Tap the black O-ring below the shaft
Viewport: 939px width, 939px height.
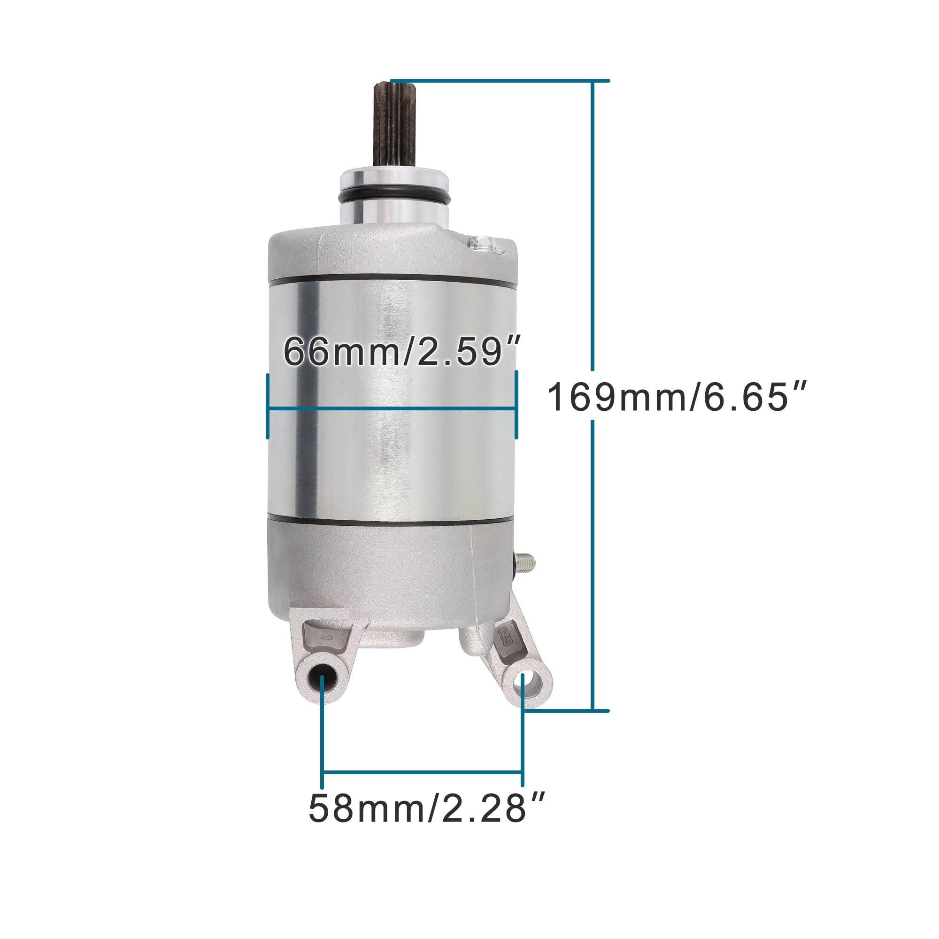[394, 197]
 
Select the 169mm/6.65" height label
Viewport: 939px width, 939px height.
[677, 397]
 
